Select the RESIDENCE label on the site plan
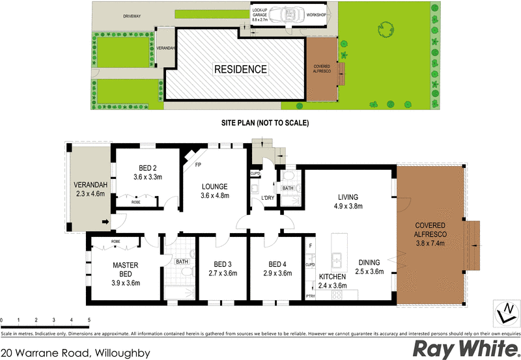pyautogui.click(x=240, y=69)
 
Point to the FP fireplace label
pyautogui.click(x=197, y=165)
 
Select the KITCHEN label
pyautogui.click(x=332, y=276)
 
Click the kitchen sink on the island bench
pyautogui.click(x=338, y=260)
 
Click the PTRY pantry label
pyautogui.click(x=310, y=297)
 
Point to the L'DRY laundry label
pyautogui.click(x=267, y=197)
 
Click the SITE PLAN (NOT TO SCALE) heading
pyautogui.click(x=264, y=123)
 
